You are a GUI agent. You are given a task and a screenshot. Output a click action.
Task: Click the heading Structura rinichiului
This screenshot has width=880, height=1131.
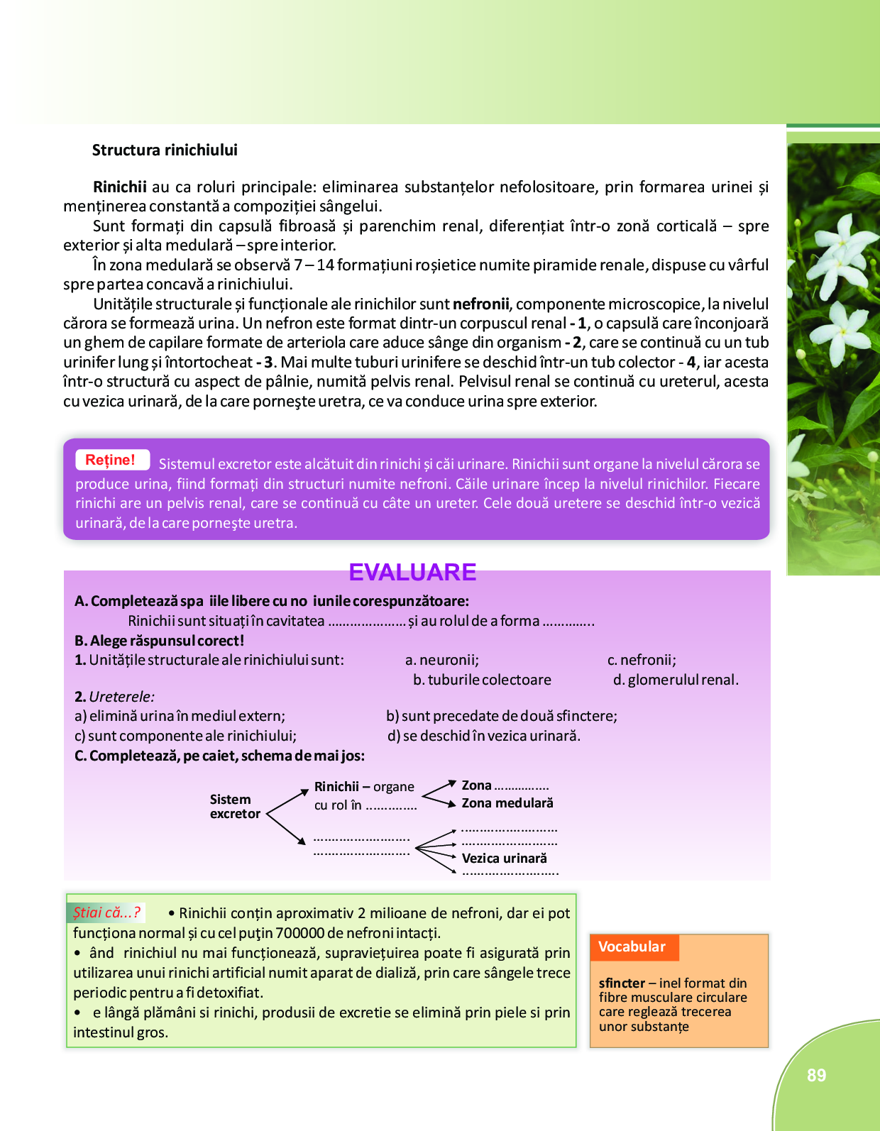[165, 150]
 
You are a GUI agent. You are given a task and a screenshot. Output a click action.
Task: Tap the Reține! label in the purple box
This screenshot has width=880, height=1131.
[111, 460]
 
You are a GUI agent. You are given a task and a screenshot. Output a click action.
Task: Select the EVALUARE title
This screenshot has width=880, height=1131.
[412, 572]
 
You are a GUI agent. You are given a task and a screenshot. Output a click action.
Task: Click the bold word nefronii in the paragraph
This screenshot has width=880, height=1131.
[481, 304]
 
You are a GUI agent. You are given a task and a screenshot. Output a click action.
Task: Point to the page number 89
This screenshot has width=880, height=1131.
[816, 1075]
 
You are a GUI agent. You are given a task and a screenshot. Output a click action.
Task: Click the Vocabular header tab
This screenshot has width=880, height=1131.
[632, 947]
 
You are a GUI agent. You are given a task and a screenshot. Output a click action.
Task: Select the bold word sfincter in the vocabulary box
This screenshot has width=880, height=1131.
[622, 983]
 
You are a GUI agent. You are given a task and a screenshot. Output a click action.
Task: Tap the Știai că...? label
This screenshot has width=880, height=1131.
[106, 912]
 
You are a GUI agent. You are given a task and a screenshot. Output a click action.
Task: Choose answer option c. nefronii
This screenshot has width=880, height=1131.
[642, 660]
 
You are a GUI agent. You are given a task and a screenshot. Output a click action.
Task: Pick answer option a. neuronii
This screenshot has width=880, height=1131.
[442, 660]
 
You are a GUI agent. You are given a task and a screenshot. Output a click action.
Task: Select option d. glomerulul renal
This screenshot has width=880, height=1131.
[676, 680]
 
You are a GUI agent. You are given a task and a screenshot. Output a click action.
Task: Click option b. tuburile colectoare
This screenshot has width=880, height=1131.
[482, 680]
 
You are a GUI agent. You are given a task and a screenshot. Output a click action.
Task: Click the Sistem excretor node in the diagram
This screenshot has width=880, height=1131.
[235, 807]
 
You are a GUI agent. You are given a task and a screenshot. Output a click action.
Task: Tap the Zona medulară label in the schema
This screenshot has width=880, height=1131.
[507, 803]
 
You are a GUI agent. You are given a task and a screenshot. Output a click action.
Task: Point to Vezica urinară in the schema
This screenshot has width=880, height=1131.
[505, 859]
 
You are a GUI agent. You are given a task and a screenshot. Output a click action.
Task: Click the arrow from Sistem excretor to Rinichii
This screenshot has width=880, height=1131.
[287, 802]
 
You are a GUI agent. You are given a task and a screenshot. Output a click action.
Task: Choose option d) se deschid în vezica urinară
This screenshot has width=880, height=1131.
[484, 736]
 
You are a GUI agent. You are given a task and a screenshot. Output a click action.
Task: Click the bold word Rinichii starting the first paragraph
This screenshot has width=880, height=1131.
[120, 187]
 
